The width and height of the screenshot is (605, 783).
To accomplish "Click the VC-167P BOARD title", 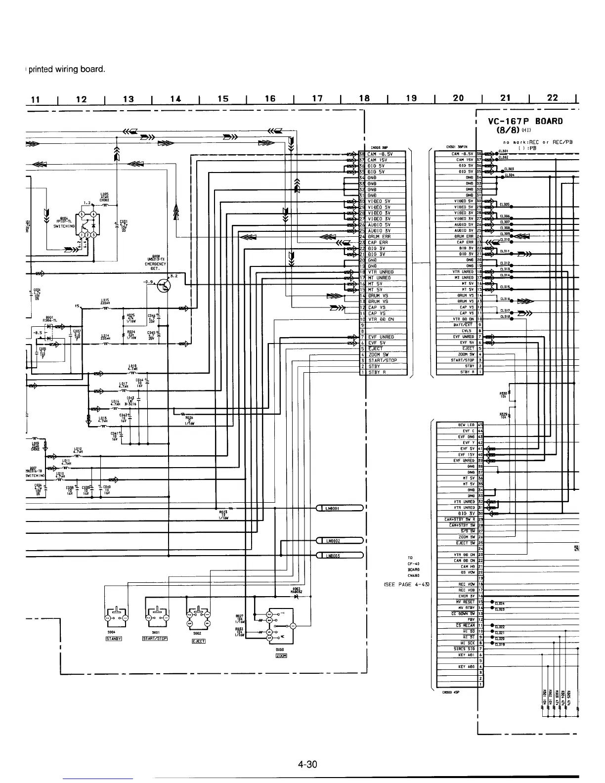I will (525, 121).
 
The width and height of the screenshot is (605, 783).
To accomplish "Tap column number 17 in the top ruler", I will (317, 99).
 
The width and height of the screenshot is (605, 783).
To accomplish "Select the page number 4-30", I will (307, 765).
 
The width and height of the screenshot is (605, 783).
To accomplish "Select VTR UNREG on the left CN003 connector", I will (381, 272).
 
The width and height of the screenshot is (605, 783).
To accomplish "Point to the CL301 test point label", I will (503, 151).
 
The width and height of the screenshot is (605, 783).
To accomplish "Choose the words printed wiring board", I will (66, 69).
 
